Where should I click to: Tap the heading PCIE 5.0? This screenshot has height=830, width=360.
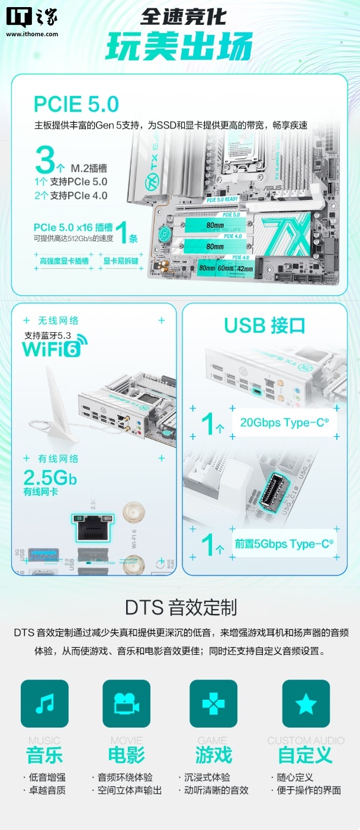pos(76,104)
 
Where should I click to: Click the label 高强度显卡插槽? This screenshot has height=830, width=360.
pos(64,260)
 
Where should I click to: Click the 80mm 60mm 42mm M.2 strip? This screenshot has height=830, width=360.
pos(226,268)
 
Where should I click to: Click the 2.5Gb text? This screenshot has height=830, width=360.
pos(50,477)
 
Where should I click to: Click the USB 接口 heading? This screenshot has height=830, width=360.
pos(265,325)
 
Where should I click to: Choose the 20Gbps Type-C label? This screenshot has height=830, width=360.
pos(284,423)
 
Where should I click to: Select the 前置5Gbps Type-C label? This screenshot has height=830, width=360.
pos(284,543)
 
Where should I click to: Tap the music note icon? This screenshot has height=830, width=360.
pos(44,703)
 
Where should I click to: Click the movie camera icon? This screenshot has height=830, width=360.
pos(126,703)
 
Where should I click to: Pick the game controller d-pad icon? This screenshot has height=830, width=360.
pos(213,703)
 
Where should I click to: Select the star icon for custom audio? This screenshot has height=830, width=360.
pos(306,703)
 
